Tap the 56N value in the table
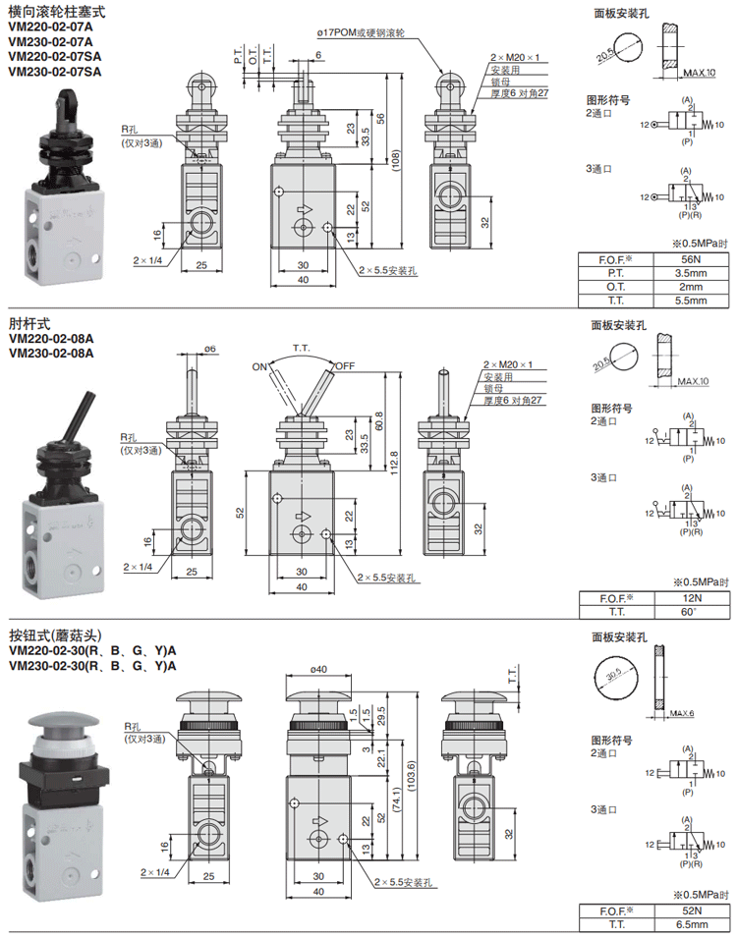tap(691, 259)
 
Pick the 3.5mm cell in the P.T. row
tap(691, 273)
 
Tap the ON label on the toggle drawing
tap(260, 366)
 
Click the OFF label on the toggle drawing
tap(344, 366)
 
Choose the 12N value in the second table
tap(691, 598)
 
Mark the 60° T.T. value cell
tap(691, 612)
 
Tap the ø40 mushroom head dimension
tap(316, 670)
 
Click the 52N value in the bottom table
tap(691, 910)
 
